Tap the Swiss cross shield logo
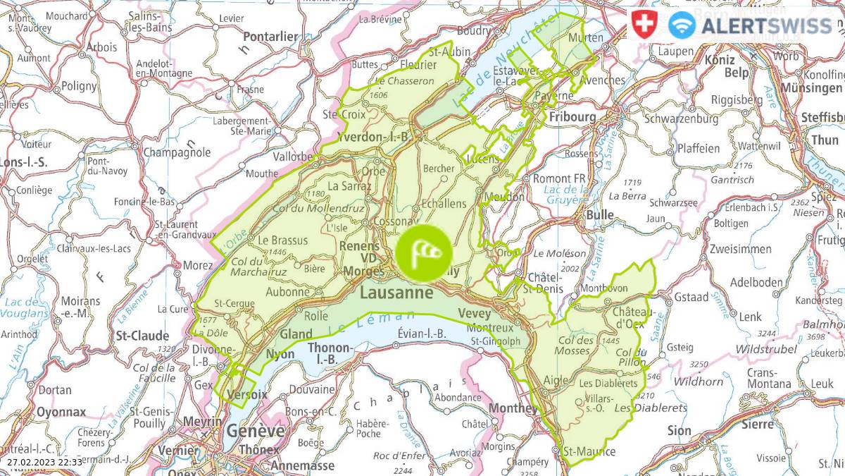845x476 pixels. click(642, 25)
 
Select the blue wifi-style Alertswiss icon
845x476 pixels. click(682, 25)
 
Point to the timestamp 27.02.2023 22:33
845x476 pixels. click(45, 462)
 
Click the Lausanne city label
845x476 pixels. click(396, 292)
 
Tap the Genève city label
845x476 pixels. click(255, 431)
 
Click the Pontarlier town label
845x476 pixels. click(272, 36)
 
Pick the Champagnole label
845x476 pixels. click(177, 152)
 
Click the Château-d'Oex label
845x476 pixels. click(634, 318)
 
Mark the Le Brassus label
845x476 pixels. click(283, 240)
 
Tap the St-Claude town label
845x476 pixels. click(143, 335)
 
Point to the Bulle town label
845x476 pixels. click(600, 214)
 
